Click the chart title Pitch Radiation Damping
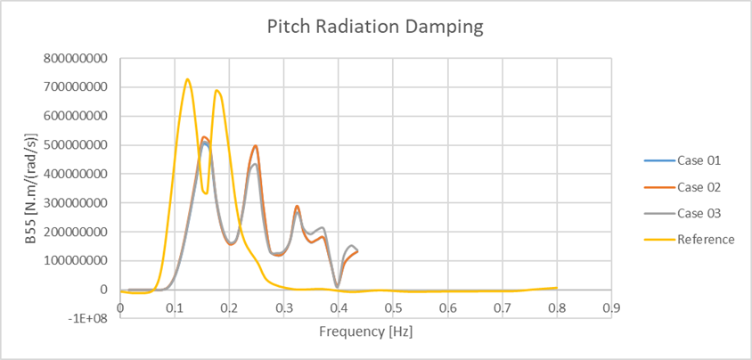tap(375, 27)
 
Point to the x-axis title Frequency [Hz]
tap(365, 331)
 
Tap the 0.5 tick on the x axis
tap(393, 307)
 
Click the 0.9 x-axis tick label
tap(612, 307)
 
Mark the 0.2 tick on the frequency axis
tap(229, 307)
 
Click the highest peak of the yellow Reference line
tap(187, 79)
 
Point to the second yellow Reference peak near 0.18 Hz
tap(217, 90)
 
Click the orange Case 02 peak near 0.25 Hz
tap(256, 146)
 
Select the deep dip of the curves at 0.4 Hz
tap(338, 287)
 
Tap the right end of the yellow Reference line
tap(557, 288)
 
